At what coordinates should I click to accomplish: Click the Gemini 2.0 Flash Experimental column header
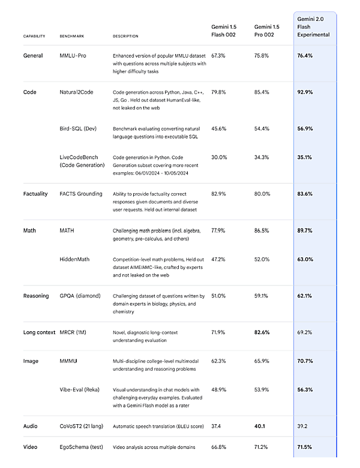[314, 27]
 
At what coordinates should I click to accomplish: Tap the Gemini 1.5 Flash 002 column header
[225, 31]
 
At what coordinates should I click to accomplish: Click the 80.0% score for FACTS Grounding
[262, 194]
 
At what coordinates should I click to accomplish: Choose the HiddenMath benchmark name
[77, 259]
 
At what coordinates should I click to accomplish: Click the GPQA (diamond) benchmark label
[80, 296]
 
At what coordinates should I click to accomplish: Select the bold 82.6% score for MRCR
[263, 332]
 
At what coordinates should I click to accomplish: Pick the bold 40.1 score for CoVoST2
[260, 427]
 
